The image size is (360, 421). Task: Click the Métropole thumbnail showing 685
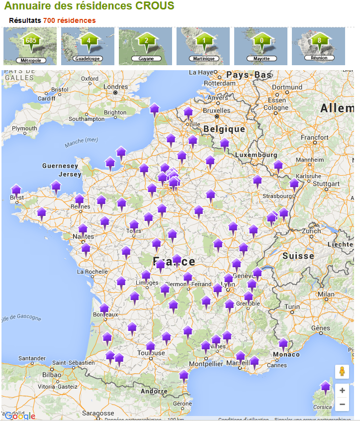[x=30, y=46]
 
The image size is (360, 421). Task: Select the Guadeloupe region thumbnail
[x=88, y=46]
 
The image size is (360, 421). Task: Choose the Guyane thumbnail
[x=145, y=46]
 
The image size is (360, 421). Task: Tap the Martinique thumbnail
[x=203, y=46]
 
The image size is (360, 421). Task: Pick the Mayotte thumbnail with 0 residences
[x=261, y=46]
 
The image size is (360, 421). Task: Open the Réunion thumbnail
[x=318, y=46]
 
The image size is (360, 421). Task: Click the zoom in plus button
[x=342, y=391]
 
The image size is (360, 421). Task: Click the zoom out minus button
[x=342, y=405]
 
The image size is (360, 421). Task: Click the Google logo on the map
[x=20, y=416]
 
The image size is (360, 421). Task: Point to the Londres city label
[x=116, y=86]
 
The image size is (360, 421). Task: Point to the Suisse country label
[x=298, y=256]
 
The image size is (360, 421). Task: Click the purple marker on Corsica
[x=325, y=387]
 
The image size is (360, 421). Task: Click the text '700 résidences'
[x=69, y=20]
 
